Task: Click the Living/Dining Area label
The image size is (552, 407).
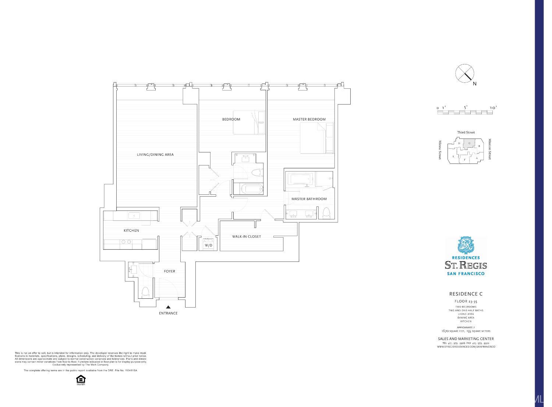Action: pos(155,155)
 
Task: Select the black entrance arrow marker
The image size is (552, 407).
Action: pos(168,307)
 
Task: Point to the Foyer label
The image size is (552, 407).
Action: pos(169,271)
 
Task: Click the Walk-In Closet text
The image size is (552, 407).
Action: pos(246,236)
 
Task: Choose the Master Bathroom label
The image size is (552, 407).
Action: pos(309,199)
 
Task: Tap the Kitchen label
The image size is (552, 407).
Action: pos(131,231)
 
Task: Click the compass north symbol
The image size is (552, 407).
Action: pos(465,73)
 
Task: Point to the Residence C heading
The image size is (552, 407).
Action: pos(466,294)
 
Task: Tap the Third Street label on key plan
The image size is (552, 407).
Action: pos(466,132)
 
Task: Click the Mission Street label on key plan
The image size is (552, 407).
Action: pos(490,149)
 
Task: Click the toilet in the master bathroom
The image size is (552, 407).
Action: pos(326,213)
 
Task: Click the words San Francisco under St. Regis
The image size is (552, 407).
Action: pos(466,274)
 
